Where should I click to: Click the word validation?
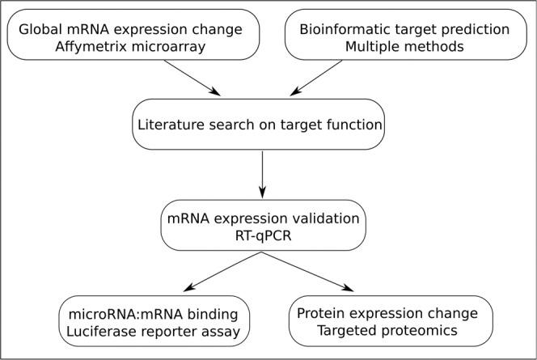tap(323, 218)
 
